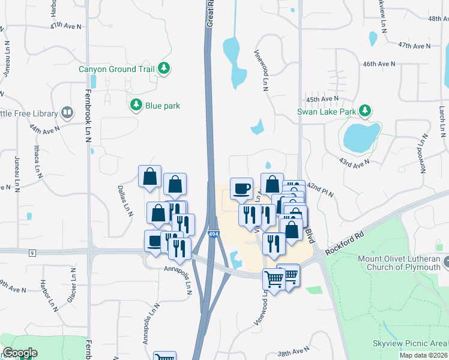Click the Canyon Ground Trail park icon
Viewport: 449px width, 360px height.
163,69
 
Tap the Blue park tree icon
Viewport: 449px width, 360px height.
137,106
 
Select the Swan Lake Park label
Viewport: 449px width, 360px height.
327,111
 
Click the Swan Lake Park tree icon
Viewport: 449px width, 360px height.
364,111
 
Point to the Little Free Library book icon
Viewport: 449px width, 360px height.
67,113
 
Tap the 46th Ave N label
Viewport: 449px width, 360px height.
379,64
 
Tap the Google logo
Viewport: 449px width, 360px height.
20,353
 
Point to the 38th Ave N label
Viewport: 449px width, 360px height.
293,350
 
